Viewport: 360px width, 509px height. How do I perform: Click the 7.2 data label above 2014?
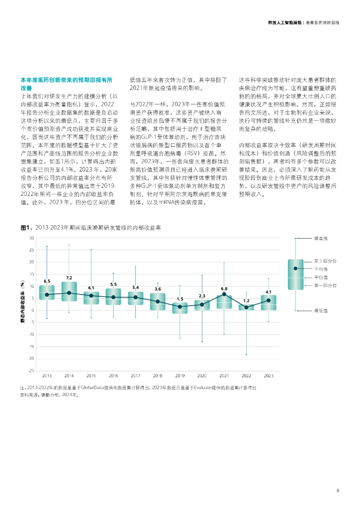tap(69, 277)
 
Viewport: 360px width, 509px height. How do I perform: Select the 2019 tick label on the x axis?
tap(180, 376)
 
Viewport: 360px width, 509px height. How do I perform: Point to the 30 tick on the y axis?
tap(31, 238)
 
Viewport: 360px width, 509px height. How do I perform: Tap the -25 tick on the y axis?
tap(31, 370)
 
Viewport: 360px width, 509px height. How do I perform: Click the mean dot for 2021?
tap(224, 294)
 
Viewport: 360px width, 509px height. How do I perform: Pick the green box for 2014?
tap(69, 291)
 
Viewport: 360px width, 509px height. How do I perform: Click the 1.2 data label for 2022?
tap(246, 301)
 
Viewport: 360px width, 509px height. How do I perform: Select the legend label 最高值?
tap(320, 238)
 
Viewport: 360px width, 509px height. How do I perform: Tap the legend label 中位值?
tap(320, 277)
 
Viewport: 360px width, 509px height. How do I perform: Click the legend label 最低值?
tap(320, 311)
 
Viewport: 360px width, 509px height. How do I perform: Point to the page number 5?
tap(338, 491)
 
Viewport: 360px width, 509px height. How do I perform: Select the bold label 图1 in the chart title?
tap(25, 228)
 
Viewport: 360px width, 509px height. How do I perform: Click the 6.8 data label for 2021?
tap(224, 288)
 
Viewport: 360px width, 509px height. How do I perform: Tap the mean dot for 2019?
tap(180, 307)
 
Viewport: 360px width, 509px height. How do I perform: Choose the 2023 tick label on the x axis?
tap(268, 376)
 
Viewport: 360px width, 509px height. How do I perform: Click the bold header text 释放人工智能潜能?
tap(284, 23)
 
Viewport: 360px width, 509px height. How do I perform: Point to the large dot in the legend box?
tap(295, 268)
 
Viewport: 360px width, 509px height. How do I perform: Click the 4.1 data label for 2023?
tap(268, 292)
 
